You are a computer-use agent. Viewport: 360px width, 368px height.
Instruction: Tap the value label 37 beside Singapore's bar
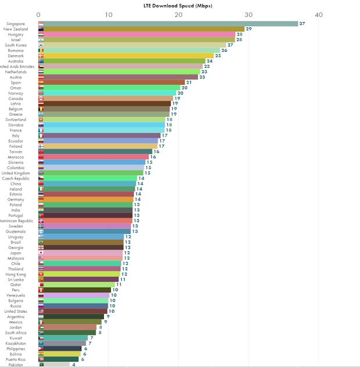coord(303,24)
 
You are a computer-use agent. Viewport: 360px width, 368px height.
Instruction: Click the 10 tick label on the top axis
coord(109,15)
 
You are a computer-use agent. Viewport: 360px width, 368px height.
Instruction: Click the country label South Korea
coord(16,45)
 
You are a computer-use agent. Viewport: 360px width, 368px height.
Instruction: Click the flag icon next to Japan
coord(41,253)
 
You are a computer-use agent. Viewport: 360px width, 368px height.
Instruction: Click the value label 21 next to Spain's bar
coord(189,83)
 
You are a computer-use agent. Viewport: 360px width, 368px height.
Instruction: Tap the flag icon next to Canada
coord(41,98)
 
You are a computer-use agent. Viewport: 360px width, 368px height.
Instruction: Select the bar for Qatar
coord(80,285)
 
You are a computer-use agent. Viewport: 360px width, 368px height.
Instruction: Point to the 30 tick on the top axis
coord(249,15)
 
